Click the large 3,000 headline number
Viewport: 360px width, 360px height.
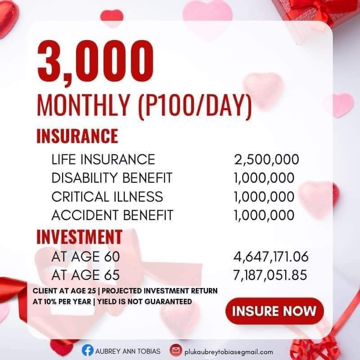(95, 62)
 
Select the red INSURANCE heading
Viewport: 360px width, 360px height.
(77, 135)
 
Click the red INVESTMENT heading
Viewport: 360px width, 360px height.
(79, 237)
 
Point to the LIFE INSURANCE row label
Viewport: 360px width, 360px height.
(103, 159)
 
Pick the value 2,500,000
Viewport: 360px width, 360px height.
(266, 159)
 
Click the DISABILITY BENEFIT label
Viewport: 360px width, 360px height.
(112, 178)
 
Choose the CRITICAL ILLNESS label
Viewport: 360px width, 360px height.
(107, 197)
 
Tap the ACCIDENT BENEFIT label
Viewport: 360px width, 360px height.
(112, 215)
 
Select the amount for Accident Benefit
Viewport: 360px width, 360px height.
(264, 215)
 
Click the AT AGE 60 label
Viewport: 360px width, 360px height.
(86, 257)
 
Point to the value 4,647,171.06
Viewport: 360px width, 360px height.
(271, 257)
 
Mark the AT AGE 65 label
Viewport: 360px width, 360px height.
(86, 275)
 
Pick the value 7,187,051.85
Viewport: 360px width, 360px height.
(271, 275)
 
